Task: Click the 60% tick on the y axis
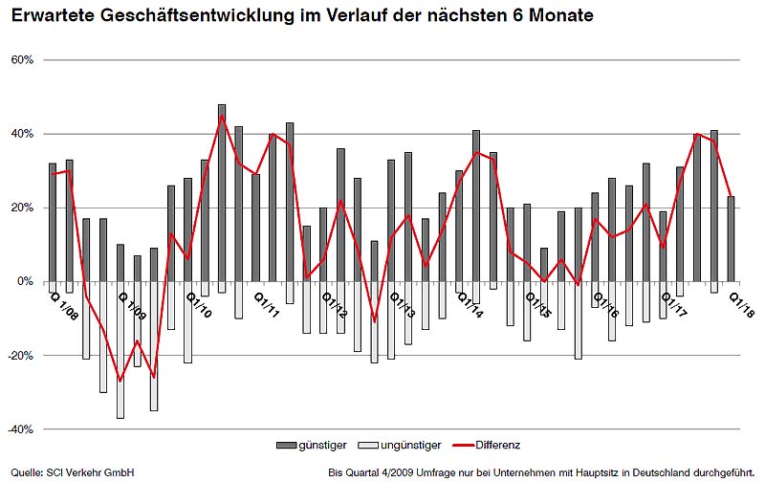[x=22, y=59]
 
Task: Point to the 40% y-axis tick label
[x=22, y=133]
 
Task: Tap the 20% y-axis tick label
[x=22, y=208]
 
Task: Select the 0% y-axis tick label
[x=26, y=281]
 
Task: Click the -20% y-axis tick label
[x=20, y=355]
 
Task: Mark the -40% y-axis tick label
[x=20, y=428]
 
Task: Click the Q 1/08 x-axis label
[x=65, y=305]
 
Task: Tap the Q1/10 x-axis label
[x=200, y=305]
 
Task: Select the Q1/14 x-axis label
[x=470, y=305]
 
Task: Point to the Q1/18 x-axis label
[x=742, y=305]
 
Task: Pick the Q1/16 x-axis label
[x=606, y=305]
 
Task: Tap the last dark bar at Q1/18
[x=732, y=238]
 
